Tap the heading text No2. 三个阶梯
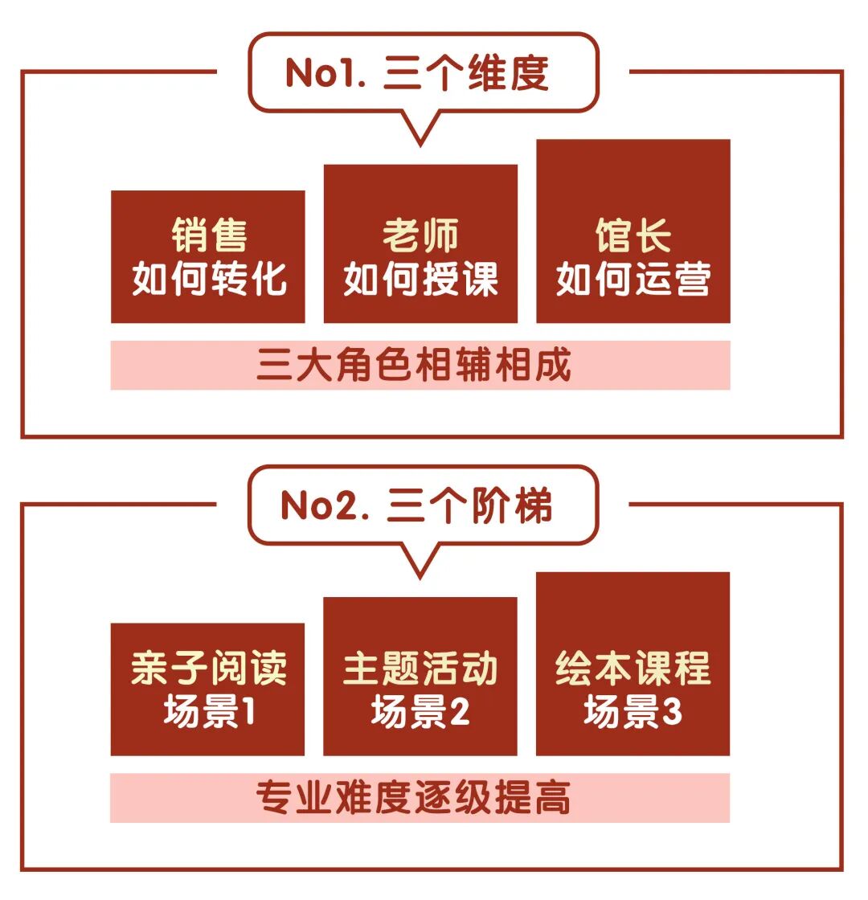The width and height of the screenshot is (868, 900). point(417,506)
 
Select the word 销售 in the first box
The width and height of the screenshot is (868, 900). point(209,235)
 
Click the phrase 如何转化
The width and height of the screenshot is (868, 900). point(209,279)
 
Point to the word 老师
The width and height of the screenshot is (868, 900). point(420,235)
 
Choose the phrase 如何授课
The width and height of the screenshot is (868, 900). point(420,279)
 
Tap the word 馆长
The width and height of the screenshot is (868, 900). point(633,235)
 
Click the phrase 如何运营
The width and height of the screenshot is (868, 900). point(633,279)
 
